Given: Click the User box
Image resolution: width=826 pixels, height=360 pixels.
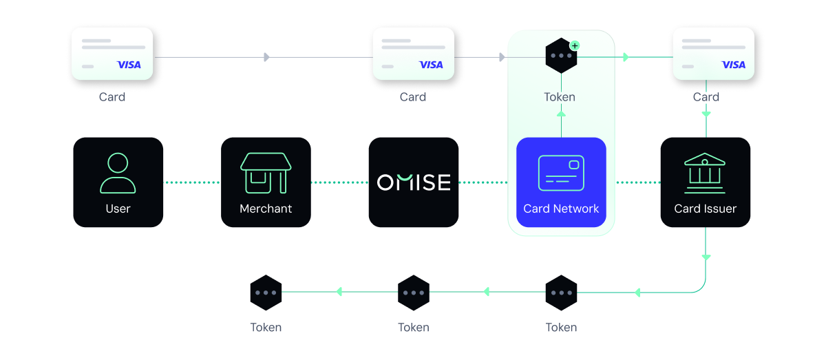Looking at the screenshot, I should click(x=118, y=182).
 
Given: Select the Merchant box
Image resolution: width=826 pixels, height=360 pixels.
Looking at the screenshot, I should click(x=266, y=182).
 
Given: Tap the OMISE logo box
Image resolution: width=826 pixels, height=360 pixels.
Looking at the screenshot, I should click(x=414, y=182).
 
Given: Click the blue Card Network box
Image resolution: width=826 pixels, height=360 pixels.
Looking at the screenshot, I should click(x=561, y=182).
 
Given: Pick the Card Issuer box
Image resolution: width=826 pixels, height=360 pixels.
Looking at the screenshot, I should click(x=706, y=182).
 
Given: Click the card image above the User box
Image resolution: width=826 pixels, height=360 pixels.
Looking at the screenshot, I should click(x=112, y=54).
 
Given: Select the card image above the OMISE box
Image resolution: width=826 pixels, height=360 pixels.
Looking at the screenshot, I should click(x=413, y=54).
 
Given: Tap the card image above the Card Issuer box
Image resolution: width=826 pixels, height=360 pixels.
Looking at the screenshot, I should click(x=713, y=54).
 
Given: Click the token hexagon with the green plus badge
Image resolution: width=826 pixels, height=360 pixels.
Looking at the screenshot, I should click(x=561, y=56).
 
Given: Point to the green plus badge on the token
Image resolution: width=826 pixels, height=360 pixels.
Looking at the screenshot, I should click(x=575, y=45).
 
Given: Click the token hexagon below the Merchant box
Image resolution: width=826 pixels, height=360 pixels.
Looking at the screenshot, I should click(x=266, y=293).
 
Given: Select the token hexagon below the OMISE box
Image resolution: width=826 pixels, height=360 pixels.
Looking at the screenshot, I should click(x=414, y=293).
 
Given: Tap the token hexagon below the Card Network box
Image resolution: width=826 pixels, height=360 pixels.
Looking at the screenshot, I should click(x=561, y=293).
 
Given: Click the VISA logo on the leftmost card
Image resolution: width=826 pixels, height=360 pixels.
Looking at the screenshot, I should click(x=129, y=65).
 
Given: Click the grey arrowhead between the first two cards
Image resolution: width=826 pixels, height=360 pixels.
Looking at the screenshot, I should click(x=266, y=57).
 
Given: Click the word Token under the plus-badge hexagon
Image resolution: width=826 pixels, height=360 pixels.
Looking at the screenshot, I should click(x=560, y=97).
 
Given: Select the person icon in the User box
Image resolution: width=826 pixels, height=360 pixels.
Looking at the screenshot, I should click(x=118, y=173).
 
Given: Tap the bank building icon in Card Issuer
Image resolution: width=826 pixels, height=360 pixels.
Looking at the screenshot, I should click(x=704, y=173).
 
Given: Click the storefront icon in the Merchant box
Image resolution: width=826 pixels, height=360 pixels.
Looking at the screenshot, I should click(x=266, y=173).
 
